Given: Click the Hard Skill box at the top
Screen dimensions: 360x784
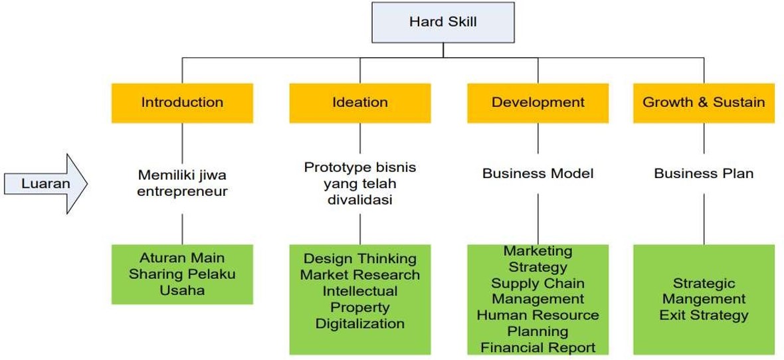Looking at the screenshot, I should pos(442,22).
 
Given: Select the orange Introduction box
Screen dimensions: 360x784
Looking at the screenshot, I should pos(182,102).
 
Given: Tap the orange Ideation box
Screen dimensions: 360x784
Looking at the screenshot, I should pos(360,102).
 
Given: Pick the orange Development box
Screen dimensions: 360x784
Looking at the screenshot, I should pos(538,102).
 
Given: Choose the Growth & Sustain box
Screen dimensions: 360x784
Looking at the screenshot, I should pos(704,102).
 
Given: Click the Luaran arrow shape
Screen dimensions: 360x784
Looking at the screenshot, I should pos(46,183).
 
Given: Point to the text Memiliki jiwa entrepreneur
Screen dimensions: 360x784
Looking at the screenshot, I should pos(182,183).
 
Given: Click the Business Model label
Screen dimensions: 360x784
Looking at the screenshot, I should pos(538,174).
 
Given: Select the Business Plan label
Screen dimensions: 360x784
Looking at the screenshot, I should pos(704,174).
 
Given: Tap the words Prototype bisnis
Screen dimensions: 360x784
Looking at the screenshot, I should pos(360,167).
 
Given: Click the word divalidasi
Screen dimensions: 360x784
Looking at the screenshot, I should pos(360,199).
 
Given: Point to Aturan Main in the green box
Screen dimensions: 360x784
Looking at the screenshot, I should pos(182,258).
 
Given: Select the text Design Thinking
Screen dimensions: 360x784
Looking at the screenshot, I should pos(360,258).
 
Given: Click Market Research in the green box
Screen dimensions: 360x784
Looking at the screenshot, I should pos(360,274).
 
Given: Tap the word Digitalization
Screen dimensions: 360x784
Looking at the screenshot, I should pos(360,323).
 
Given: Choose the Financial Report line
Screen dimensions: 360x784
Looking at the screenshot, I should pos(538,347).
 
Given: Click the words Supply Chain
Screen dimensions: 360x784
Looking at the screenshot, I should pos(538,283).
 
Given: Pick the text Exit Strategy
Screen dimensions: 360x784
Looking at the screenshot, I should pos(704,315).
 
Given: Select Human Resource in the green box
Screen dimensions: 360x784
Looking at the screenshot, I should pos(538,315).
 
